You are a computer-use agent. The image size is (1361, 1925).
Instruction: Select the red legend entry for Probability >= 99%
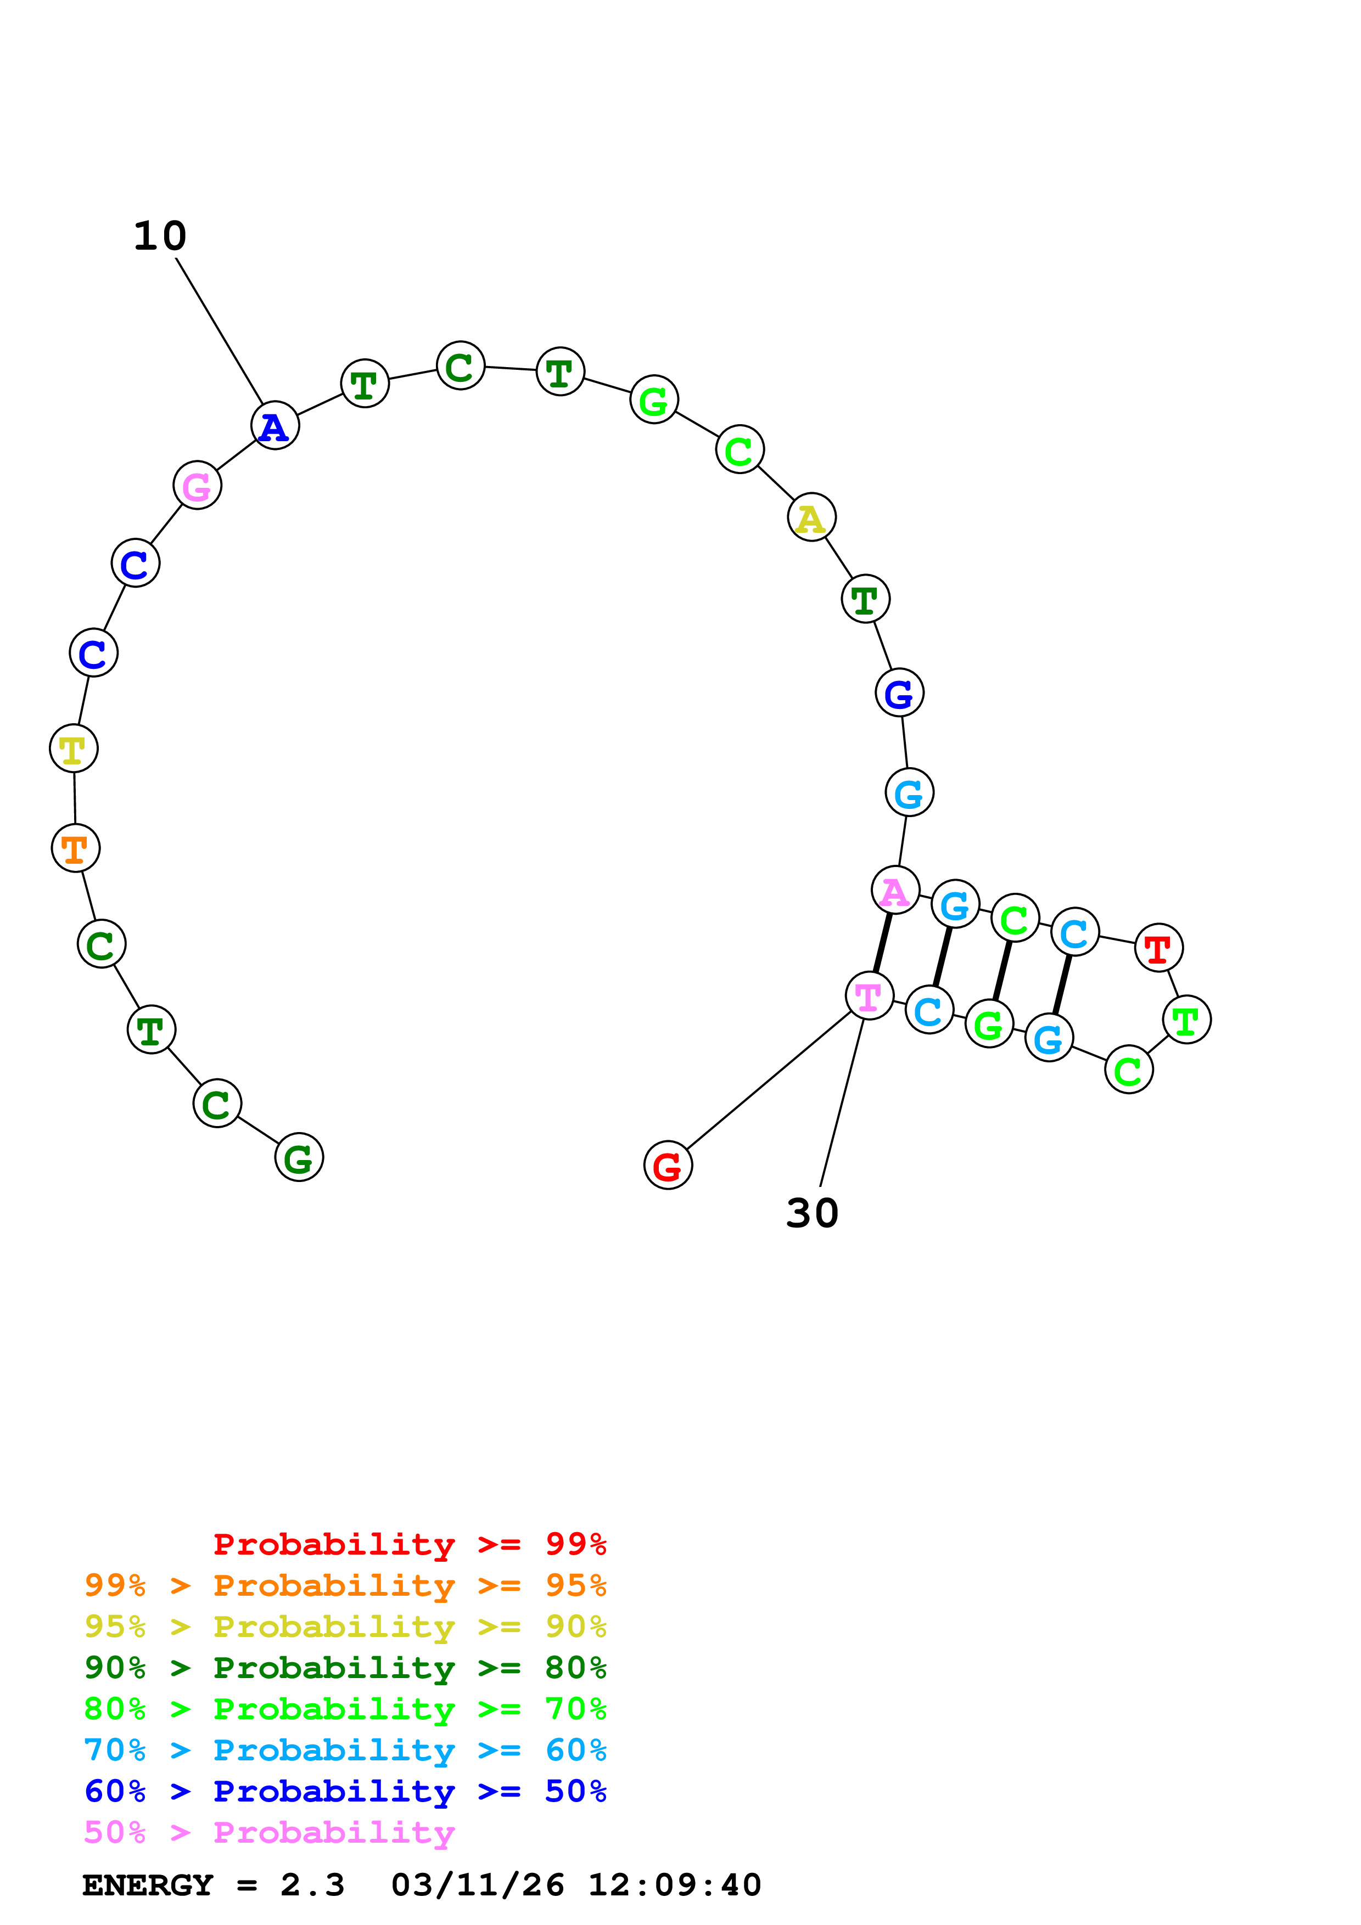coord(409,1544)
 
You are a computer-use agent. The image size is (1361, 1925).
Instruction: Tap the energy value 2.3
coord(312,1885)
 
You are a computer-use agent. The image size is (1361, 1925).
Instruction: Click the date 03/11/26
coord(477,1885)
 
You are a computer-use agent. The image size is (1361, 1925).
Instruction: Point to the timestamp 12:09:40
coord(674,1885)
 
